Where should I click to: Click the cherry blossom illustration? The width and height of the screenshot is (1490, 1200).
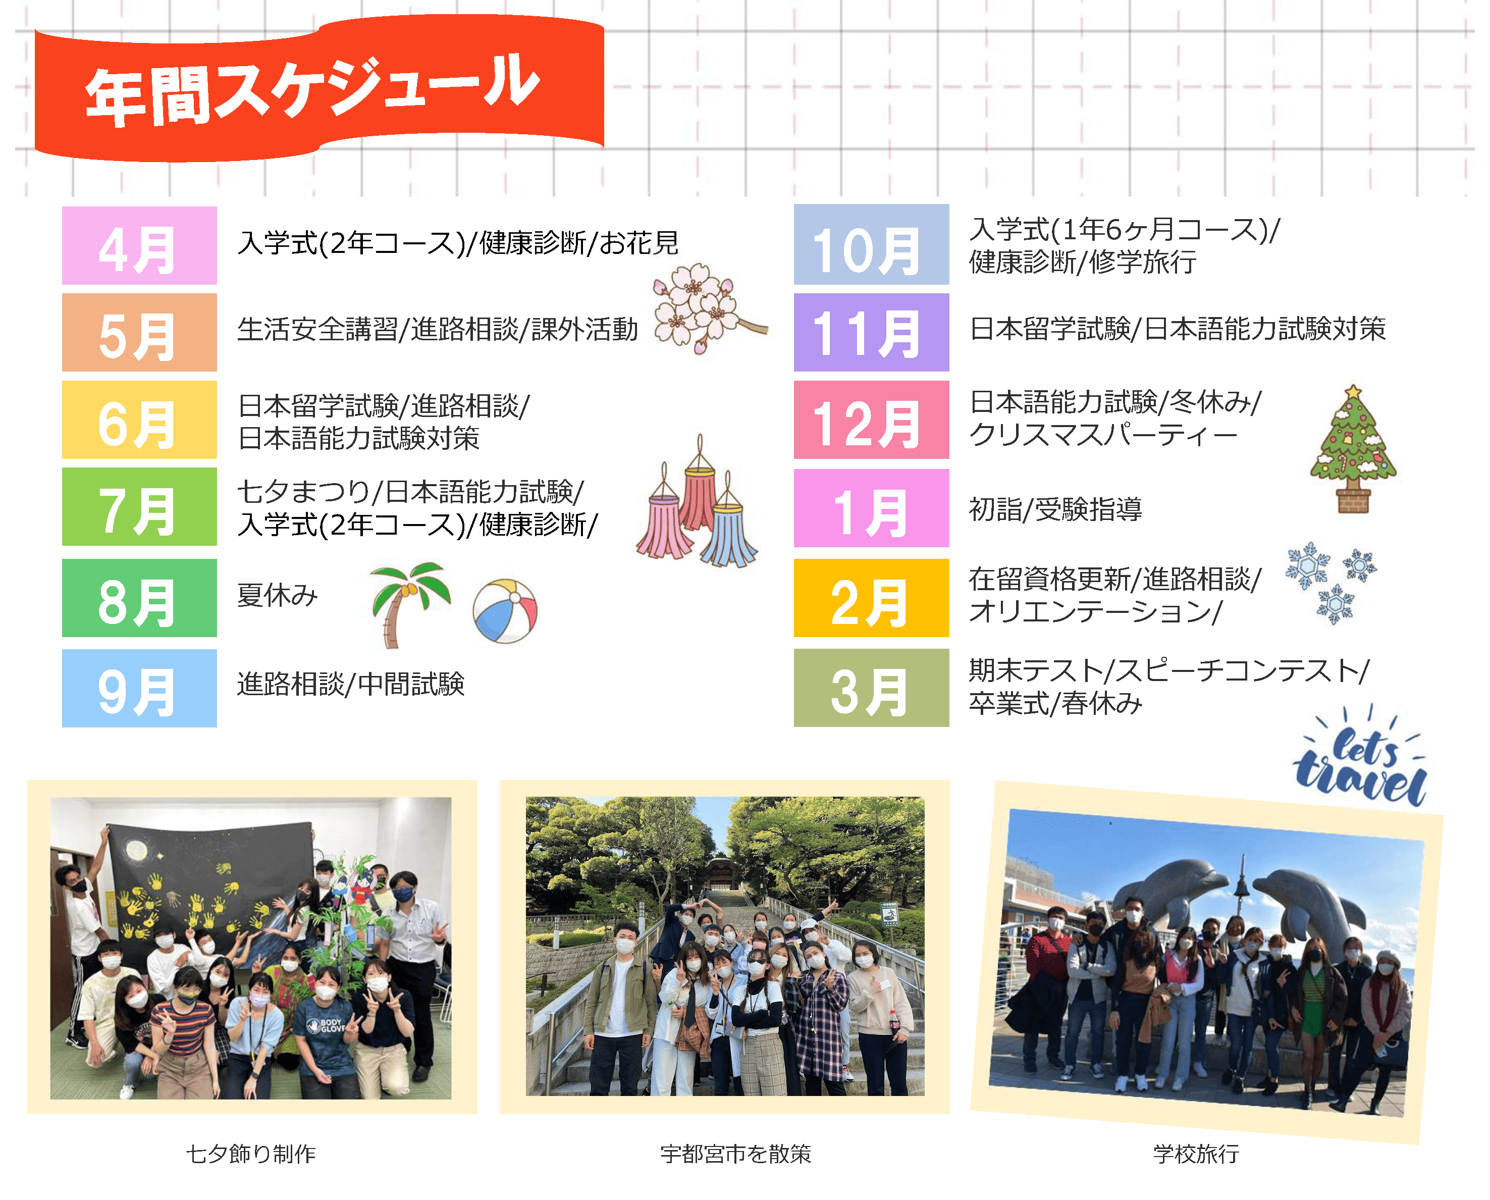point(708,307)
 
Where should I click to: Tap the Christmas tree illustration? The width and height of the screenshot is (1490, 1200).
point(1353,449)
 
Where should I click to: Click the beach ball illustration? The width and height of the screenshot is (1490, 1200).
point(505,611)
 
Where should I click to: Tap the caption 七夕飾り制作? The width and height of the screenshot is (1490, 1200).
point(251,1154)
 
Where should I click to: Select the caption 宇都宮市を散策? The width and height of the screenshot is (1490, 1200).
point(735,1154)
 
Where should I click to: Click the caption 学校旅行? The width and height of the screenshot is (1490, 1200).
point(1196,1154)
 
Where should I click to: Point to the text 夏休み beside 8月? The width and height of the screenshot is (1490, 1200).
point(277,595)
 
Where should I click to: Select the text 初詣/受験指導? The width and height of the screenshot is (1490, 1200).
point(1055,509)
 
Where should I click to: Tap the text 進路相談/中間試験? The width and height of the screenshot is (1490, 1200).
point(350,684)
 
